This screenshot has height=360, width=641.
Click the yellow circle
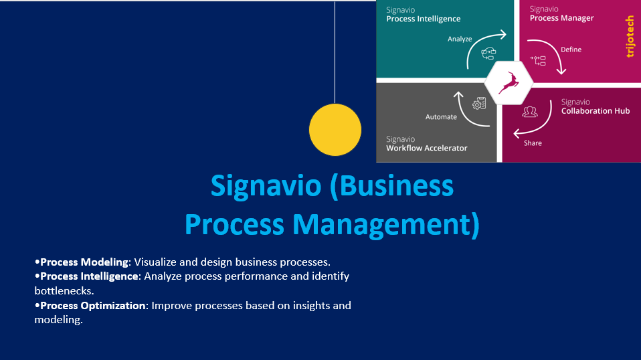pyautogui.click(x=335, y=130)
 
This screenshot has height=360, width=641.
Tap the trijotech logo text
pyautogui.click(x=630, y=36)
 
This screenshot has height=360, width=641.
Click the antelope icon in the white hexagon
pyautogui.click(x=509, y=83)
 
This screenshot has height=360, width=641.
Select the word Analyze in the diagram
pyautogui.click(x=460, y=39)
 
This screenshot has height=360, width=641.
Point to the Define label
pyautogui.click(x=571, y=50)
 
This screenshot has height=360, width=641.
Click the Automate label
pyautogui.click(x=441, y=117)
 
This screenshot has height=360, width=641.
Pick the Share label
pyautogui.click(x=533, y=143)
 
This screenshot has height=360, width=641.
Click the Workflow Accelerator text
pyautogui.click(x=427, y=148)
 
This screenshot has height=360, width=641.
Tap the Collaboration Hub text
pyautogui.click(x=596, y=110)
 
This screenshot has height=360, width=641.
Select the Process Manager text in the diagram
pyautogui.click(x=561, y=18)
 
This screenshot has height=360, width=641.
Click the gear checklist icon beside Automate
pyautogui.click(x=479, y=103)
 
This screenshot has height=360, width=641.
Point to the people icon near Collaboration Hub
pyautogui.click(x=530, y=112)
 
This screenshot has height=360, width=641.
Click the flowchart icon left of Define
pyautogui.click(x=538, y=60)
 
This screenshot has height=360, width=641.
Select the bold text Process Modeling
pyautogui.click(x=84, y=262)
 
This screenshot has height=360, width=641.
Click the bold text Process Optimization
pyautogui.click(x=93, y=305)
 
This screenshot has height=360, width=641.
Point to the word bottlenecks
pyautogui.click(x=64, y=290)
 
